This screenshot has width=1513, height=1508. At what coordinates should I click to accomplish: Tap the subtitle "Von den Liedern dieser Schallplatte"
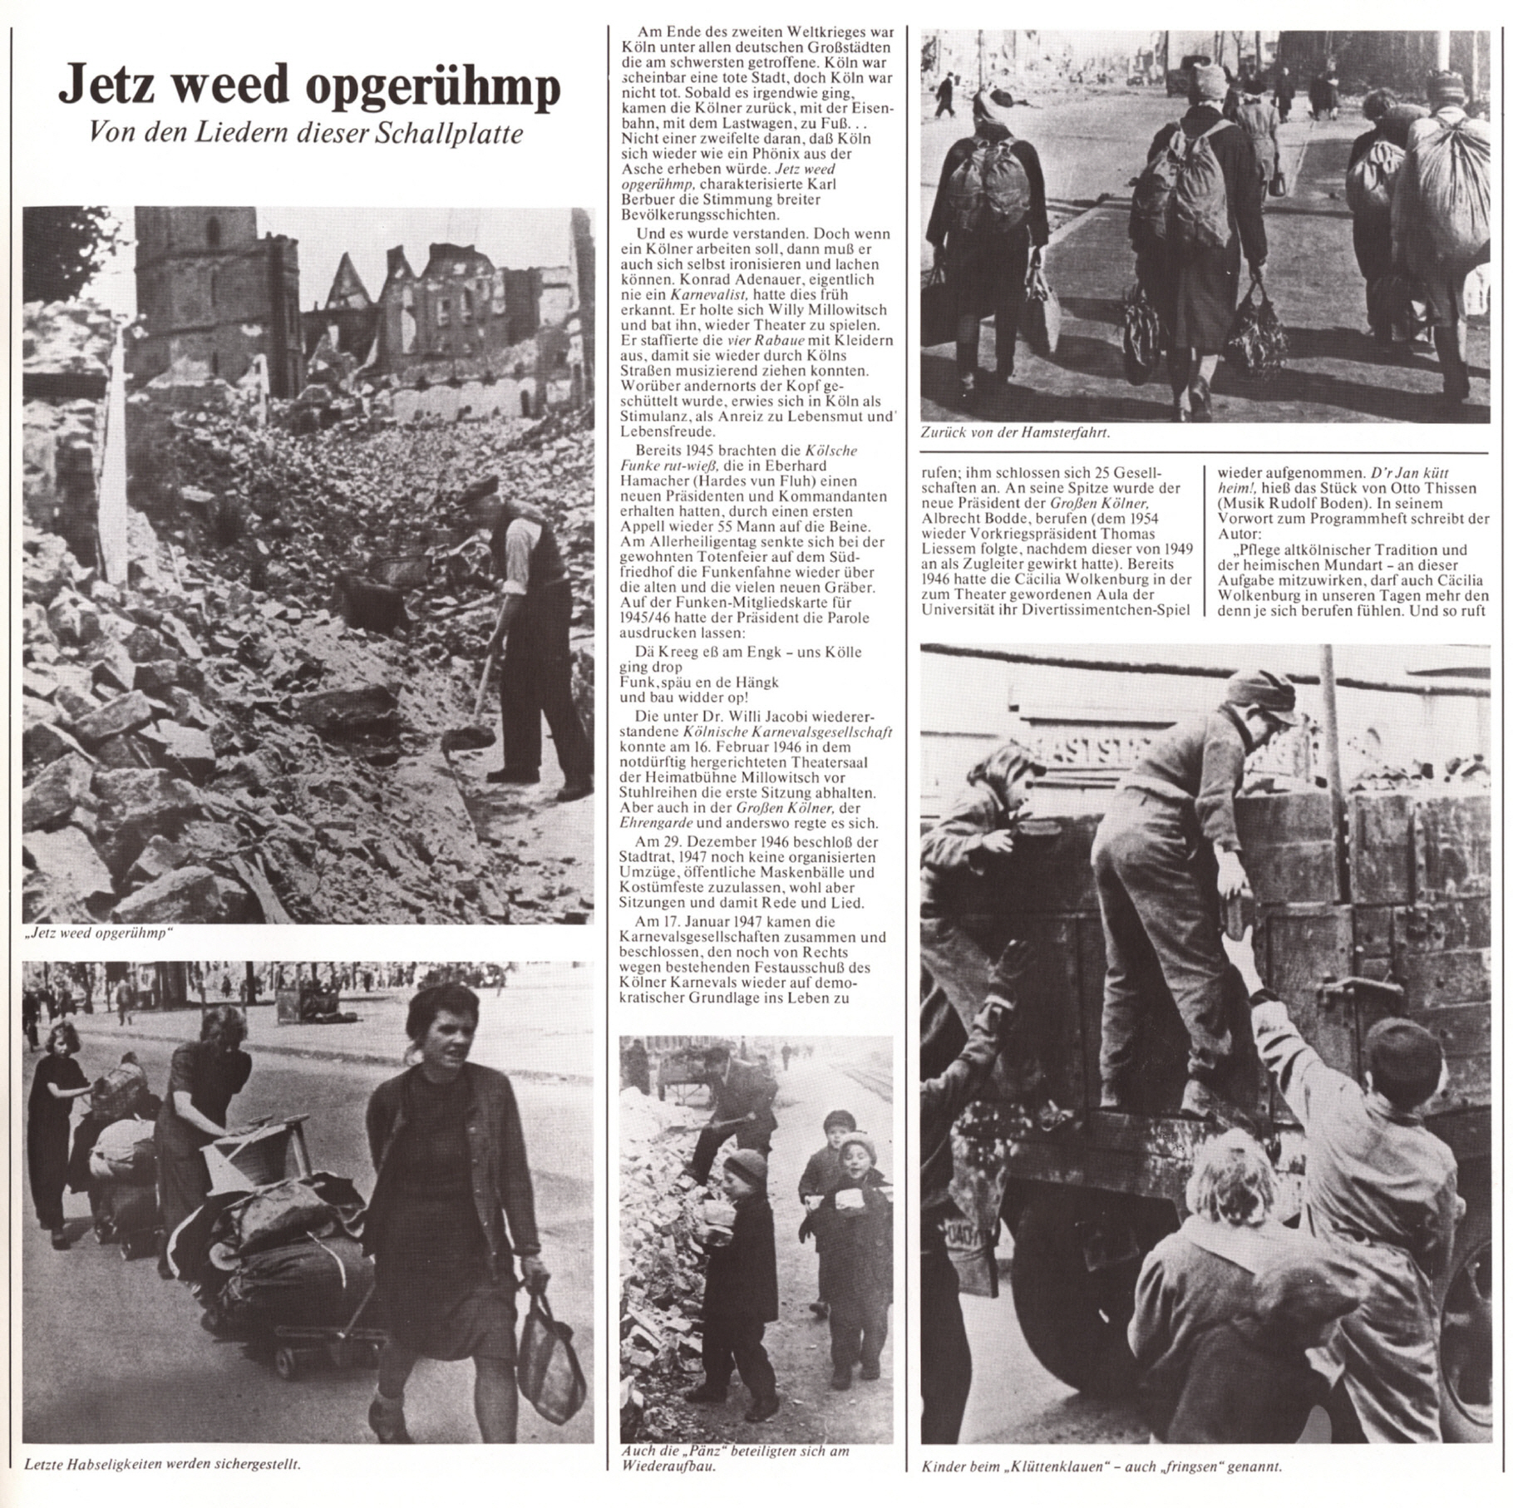coord(306,136)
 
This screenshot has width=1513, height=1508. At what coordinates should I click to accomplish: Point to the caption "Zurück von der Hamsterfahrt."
coord(1015,432)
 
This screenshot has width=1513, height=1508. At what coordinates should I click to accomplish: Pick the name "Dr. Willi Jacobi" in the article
coord(758,717)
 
